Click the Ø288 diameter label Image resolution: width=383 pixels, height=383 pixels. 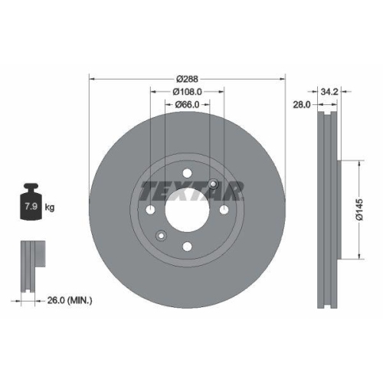187,79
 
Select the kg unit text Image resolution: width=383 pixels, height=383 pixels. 49,208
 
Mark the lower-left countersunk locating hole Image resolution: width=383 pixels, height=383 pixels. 160,235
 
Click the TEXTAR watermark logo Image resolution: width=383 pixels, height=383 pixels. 191,191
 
